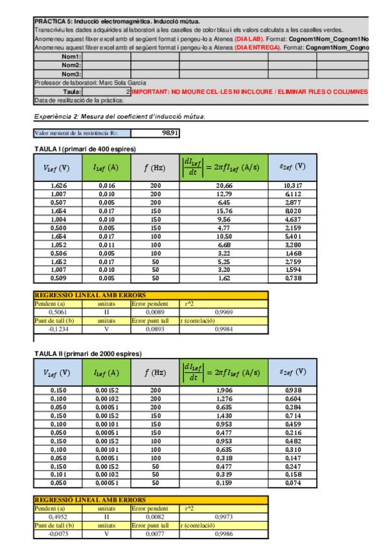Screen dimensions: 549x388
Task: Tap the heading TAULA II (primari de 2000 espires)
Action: pos(87,353)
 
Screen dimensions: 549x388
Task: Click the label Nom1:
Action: pos(71,57)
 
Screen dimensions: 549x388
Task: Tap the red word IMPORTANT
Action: pos(152,92)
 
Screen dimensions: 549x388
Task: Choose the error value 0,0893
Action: pos(144,328)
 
